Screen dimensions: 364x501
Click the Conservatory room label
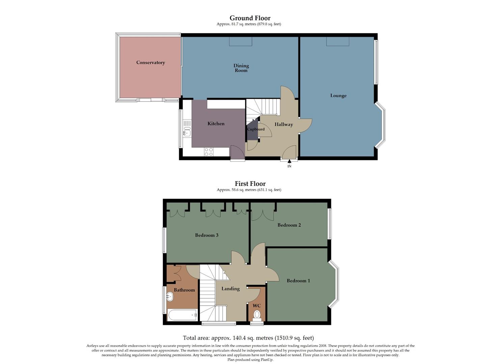click(150, 62)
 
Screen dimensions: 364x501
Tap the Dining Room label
click(241, 68)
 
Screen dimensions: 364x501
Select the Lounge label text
click(338, 95)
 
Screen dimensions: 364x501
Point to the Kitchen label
click(216, 124)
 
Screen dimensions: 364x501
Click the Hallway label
click(283, 124)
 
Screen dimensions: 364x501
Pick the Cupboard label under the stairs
click(256, 129)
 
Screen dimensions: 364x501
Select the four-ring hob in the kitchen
click(209, 152)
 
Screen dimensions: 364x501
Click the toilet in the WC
click(257, 315)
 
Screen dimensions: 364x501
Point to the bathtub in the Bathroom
click(182, 315)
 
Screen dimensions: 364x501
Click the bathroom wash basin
click(169, 297)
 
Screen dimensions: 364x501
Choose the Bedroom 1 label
click(298, 280)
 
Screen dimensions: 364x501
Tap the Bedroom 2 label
click(289, 225)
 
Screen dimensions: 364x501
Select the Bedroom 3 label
click(206, 235)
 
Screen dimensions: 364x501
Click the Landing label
click(230, 289)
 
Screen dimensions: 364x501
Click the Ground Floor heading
click(250, 18)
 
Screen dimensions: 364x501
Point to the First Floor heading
click(250, 184)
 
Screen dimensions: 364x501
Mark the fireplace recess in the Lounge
click(337, 41)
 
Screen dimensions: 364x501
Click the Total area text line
click(248, 338)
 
